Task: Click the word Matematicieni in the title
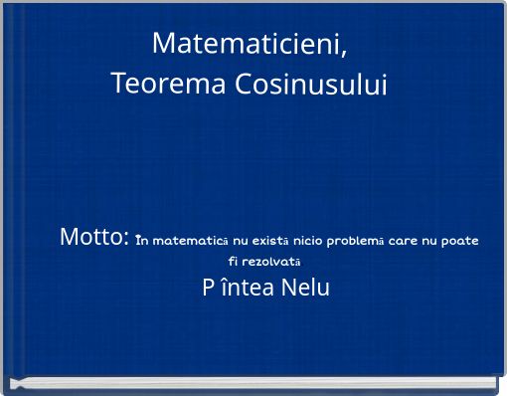pyautogui.click(x=248, y=44)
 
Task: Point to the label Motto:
pyautogui.click(x=94, y=238)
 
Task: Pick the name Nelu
pyautogui.click(x=304, y=290)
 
